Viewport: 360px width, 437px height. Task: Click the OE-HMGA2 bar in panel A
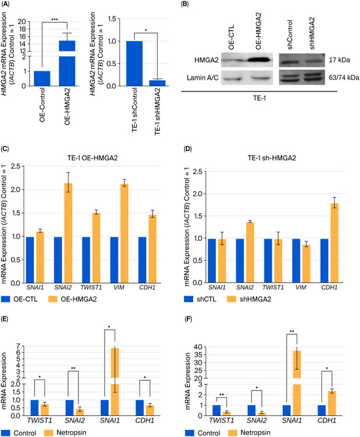pos(67,63)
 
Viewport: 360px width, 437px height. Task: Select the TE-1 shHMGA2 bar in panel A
pos(157,83)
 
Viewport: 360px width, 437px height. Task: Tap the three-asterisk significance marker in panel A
pos(55,20)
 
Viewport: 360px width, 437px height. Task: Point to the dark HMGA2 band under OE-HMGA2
pos(259,60)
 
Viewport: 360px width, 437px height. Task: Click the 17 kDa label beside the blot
pos(339,60)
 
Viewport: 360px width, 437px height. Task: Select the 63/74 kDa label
pos(344,77)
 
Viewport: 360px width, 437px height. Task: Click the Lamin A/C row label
pos(202,78)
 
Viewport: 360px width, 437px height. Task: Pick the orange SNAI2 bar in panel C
pos(68,233)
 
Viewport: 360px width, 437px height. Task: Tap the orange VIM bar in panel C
pos(124,234)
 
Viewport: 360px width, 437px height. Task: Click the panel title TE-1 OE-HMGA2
pos(92,158)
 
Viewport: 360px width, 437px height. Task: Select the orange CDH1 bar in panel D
pos(334,243)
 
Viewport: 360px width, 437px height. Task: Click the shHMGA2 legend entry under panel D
pos(249,300)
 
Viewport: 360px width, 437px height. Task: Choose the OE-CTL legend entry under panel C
pos(19,300)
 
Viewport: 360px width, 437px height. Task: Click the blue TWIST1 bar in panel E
pos(35,408)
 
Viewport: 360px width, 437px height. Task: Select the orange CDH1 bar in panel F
pos(332,403)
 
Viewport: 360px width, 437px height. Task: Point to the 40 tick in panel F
pos(202,347)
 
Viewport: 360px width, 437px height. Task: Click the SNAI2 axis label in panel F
pos(257,420)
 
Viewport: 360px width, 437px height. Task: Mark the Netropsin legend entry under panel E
pos(65,432)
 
